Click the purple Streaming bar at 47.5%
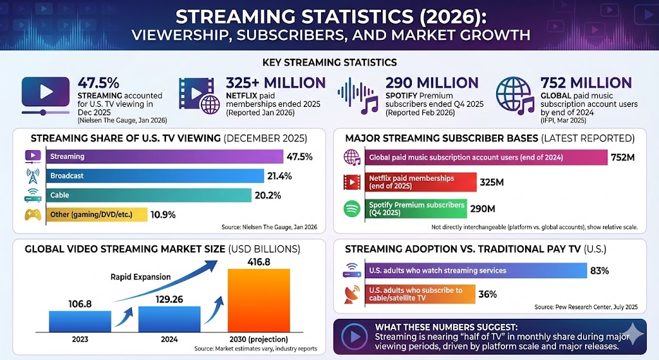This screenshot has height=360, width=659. (x=164, y=156)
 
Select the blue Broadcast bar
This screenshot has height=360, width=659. (x=154, y=176)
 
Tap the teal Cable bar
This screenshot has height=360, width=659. (x=148, y=195)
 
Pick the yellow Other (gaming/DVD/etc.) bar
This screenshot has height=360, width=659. (x=97, y=214)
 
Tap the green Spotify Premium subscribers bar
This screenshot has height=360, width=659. (x=415, y=209)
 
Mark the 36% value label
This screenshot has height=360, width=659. (x=488, y=294)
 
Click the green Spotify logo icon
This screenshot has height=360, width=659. (x=352, y=209)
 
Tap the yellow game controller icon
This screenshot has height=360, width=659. (x=33, y=214)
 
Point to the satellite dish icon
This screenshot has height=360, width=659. (x=352, y=294)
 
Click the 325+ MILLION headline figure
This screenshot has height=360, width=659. (x=275, y=83)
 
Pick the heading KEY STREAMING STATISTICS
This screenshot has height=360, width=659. (x=329, y=62)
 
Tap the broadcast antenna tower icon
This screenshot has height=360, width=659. (x=33, y=176)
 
